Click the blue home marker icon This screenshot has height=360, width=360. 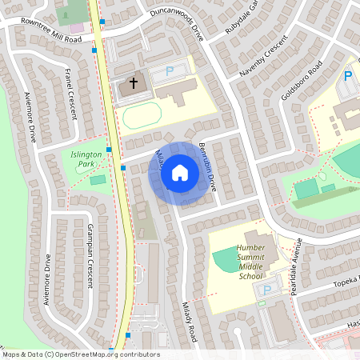click(179, 173)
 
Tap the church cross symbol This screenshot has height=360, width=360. click(133, 82)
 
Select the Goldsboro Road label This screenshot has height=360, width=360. click(301, 88)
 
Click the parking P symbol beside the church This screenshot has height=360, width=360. click(170, 71)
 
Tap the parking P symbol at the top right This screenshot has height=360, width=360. click(348, 76)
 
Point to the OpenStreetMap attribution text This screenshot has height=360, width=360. click(80, 354)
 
